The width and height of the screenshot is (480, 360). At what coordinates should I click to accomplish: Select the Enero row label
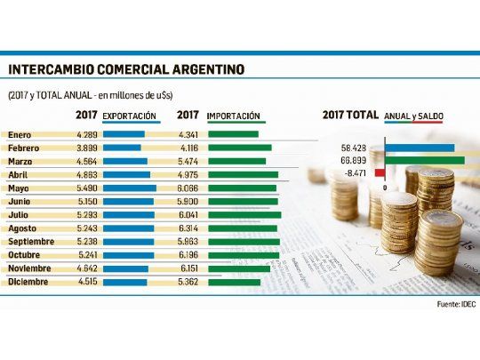click(21, 134)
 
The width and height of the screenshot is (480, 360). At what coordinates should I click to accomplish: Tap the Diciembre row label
click(28, 282)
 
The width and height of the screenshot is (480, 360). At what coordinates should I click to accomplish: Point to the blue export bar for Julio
click(129, 215)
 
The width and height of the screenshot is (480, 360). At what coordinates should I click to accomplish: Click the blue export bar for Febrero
click(122, 148)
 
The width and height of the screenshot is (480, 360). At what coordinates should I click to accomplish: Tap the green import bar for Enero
click(233, 134)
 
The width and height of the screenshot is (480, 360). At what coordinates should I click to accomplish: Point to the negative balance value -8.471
click(356, 173)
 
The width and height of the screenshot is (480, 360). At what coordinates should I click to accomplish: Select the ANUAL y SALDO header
click(414, 116)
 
